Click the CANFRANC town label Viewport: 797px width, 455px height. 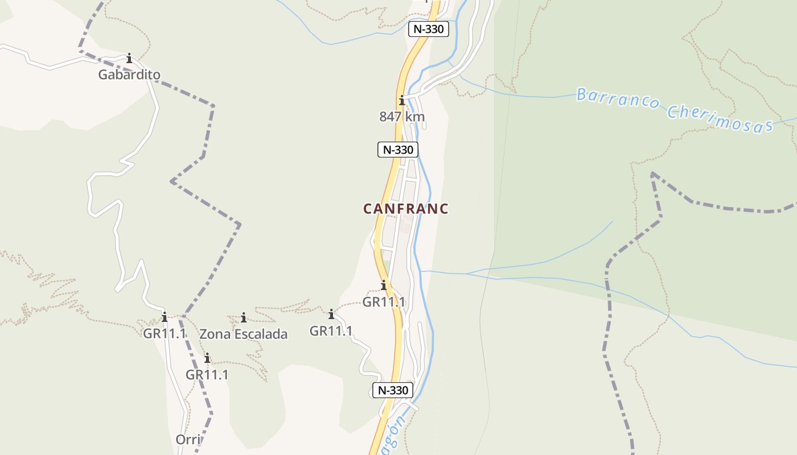[406, 209]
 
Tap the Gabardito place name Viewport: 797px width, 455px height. [129, 75]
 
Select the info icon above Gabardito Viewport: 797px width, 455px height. [129, 58]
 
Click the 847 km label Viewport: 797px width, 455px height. [402, 117]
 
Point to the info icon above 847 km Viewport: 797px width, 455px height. [402, 101]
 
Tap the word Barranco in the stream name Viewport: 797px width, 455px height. [618, 99]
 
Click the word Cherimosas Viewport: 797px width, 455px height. [720, 119]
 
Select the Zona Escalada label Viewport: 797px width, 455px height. [243, 334]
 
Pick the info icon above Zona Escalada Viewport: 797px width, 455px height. [244, 317]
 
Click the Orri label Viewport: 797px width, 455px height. [188, 440]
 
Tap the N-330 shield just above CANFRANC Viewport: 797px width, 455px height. [398, 150]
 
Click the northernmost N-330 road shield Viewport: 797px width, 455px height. [429, 29]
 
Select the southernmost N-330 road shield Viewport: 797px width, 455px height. [393, 390]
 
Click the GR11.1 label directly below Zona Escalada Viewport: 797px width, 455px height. [207, 375]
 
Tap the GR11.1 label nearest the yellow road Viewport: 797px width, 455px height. [384, 302]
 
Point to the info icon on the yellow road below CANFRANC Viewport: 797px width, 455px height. [384, 285]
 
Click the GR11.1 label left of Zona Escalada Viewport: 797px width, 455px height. [165, 333]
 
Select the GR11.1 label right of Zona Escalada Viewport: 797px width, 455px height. [331, 330]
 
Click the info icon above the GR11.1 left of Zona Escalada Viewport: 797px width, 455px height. [165, 317]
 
